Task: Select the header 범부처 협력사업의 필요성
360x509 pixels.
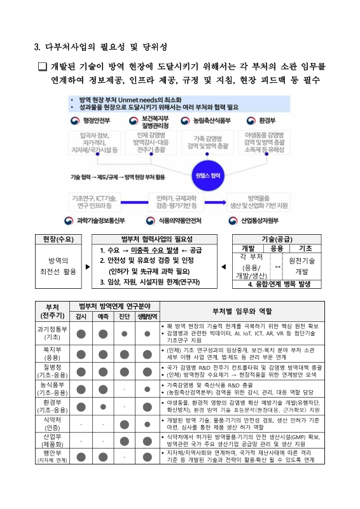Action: (x=156, y=238)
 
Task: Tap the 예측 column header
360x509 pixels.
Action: (x=102, y=316)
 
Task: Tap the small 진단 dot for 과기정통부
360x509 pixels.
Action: (x=125, y=333)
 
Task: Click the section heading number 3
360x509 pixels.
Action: (x=36, y=46)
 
